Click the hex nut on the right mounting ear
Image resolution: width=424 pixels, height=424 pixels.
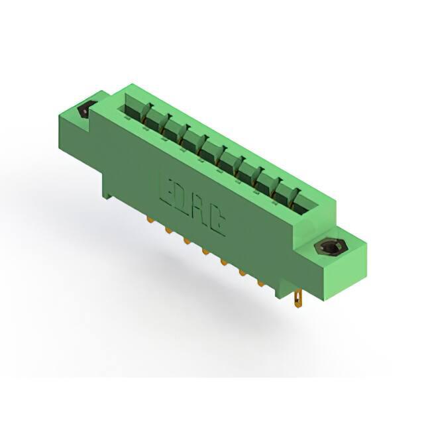(328, 247)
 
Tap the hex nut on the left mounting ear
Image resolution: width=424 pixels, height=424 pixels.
(86, 109)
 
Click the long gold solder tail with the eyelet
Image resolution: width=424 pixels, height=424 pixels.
(298, 298)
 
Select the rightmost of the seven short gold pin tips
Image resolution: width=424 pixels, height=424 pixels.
(260, 284)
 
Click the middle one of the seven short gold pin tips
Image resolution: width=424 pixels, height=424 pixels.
(205, 252)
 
